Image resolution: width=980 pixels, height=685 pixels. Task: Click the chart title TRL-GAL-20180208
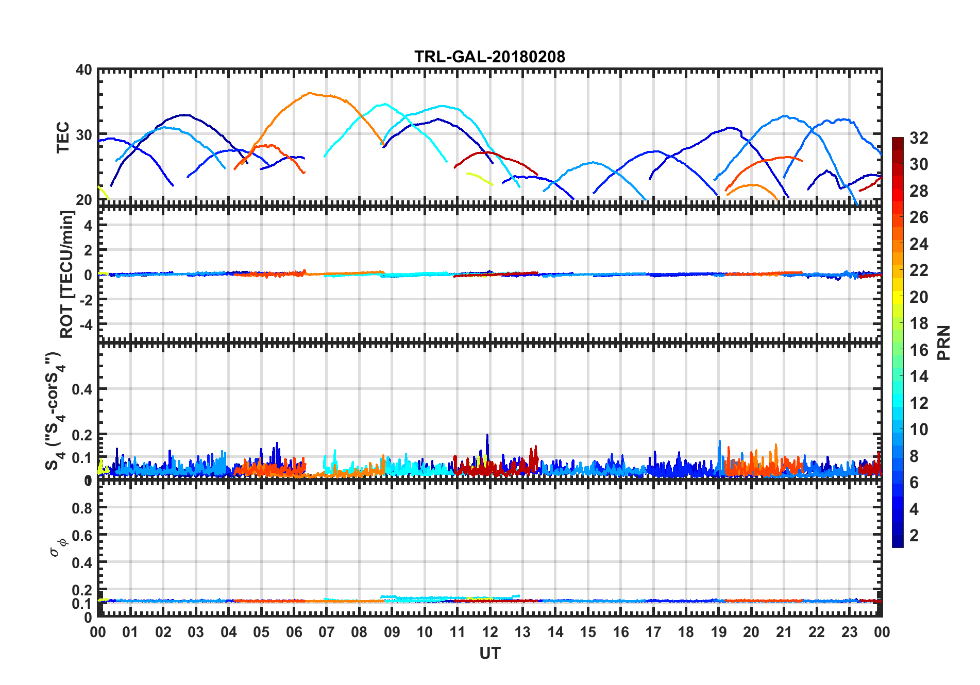pos(489,56)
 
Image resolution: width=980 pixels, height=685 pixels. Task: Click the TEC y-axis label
pos(63,137)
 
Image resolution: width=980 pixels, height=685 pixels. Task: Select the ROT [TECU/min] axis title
pos(67,274)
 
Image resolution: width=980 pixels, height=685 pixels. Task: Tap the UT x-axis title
pos(489,654)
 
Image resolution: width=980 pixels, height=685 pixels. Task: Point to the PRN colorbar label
pos(944,342)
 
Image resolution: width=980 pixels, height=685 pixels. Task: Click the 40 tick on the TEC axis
pos(84,70)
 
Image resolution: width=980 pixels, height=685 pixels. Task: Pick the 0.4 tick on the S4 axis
pos(82,389)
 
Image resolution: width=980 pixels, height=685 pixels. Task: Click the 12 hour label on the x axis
pos(490,632)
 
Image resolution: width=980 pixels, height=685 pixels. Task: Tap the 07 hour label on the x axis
pos(327,632)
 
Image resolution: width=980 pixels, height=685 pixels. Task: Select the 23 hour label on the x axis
pos(849,632)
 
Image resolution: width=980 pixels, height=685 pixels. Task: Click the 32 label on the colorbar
pos(919,138)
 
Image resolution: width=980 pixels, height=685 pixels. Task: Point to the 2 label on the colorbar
pos(914,536)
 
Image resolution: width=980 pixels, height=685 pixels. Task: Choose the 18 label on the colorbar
pos(919,323)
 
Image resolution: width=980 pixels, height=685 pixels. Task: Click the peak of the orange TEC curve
pos(309,93)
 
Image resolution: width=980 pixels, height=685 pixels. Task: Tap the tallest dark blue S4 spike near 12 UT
pos(487,435)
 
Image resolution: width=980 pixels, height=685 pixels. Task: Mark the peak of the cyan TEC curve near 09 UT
pos(384,104)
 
